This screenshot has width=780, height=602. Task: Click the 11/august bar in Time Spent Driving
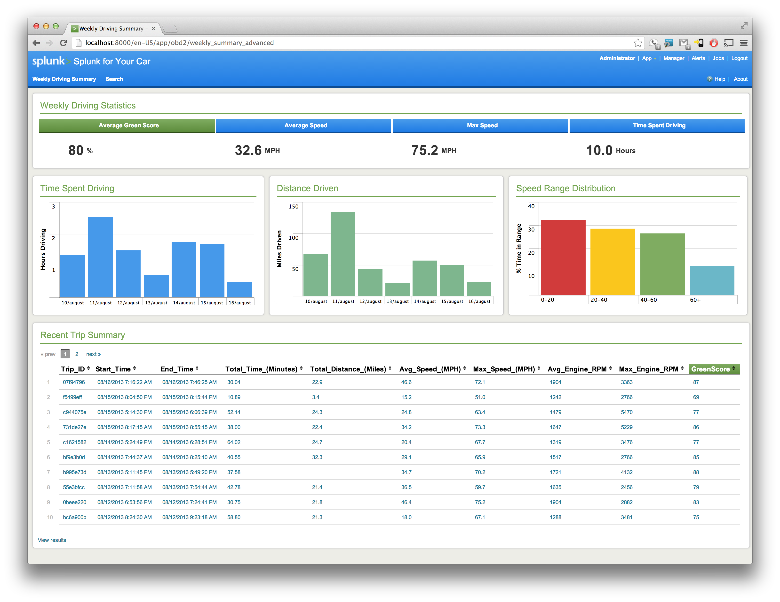(100, 257)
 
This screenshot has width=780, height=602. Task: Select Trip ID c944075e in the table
(75, 412)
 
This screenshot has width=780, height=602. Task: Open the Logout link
(739, 58)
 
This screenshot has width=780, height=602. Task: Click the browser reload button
(64, 43)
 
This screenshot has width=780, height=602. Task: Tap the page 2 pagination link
(77, 354)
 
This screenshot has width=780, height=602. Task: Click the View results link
(52, 540)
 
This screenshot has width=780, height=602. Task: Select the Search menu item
(114, 79)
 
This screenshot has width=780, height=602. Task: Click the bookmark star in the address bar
(637, 43)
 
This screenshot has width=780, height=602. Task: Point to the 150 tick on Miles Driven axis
(294, 206)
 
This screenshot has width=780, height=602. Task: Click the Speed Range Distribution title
(566, 188)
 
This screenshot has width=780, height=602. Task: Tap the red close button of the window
(36, 26)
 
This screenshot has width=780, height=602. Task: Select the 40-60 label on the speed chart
(648, 300)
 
